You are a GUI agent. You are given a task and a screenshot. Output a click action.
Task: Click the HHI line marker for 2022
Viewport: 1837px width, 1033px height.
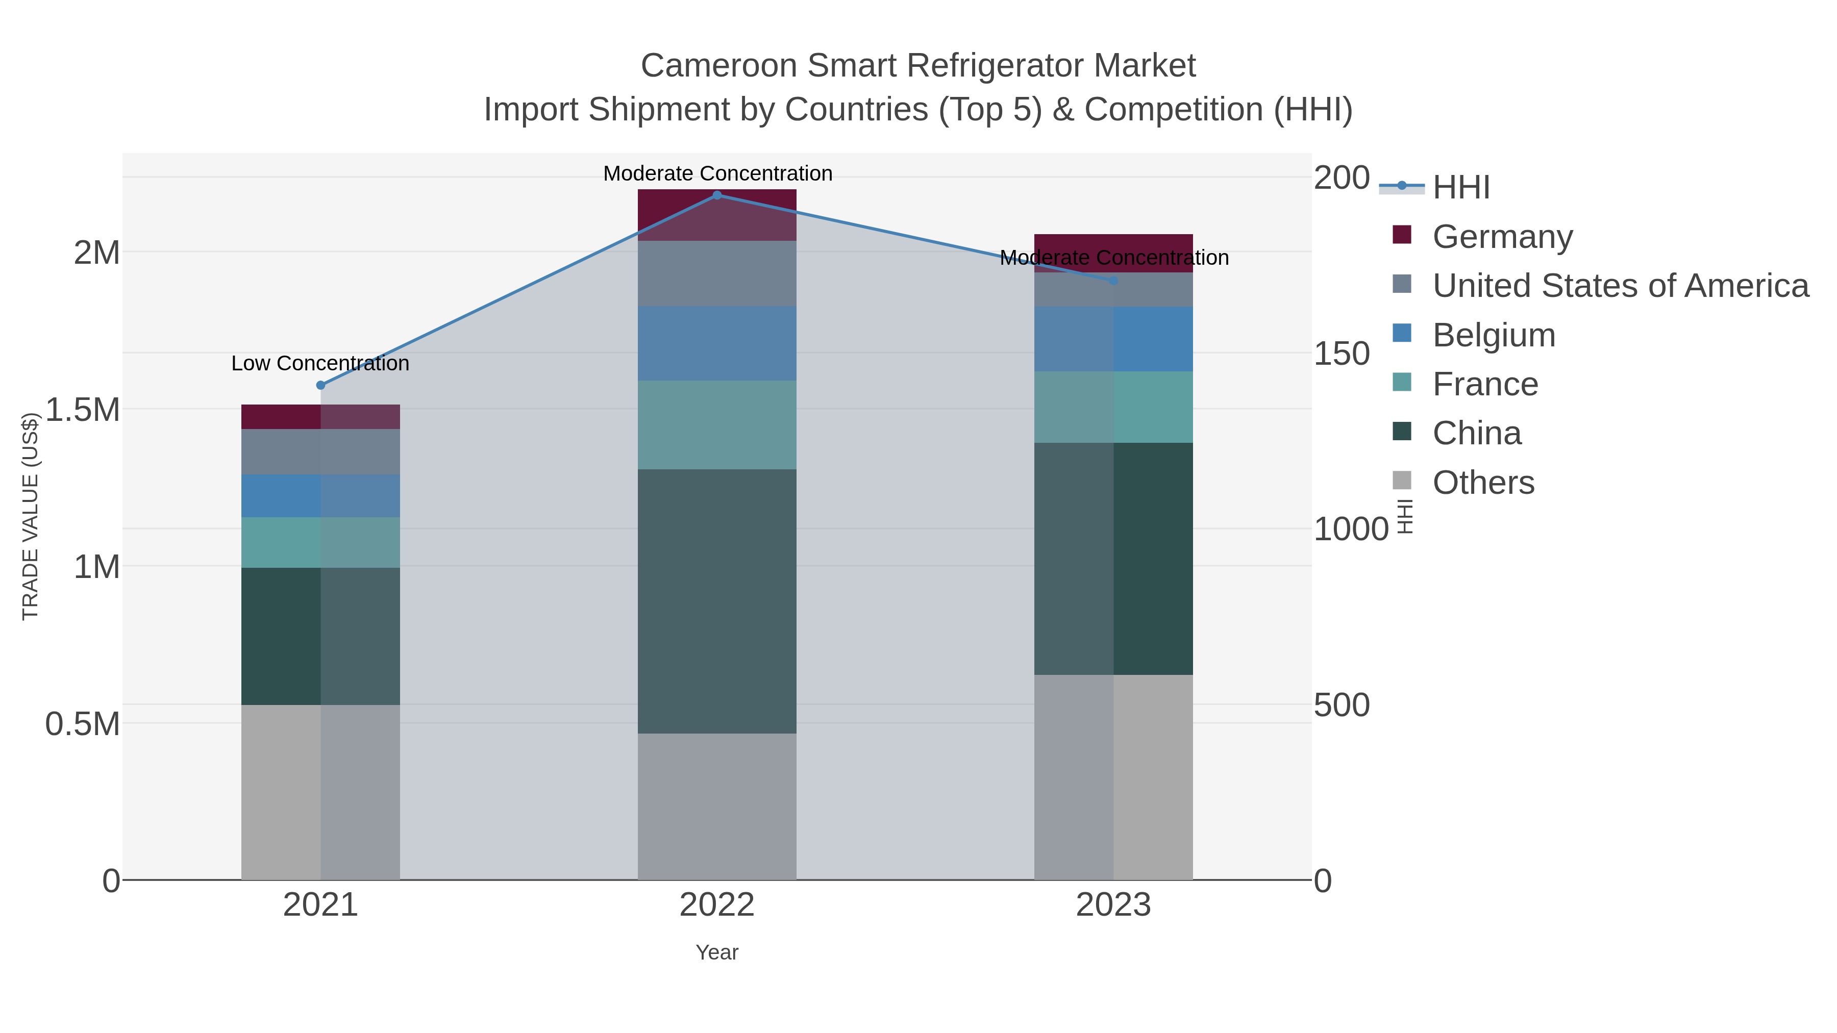[x=717, y=195]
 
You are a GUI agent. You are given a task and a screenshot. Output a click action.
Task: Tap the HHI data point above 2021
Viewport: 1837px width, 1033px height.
[x=320, y=385]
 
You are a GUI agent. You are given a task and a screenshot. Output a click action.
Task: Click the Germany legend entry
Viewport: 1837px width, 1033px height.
[x=1502, y=237]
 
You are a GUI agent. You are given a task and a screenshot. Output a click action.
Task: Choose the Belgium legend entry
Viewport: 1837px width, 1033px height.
[x=1493, y=335]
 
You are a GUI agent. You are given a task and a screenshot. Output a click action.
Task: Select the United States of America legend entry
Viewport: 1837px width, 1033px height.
[x=1620, y=286]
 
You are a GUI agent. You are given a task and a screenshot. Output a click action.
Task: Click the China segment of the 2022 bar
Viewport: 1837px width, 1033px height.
[x=717, y=600]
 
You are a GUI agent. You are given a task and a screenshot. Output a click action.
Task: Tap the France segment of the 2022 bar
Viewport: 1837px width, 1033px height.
[x=717, y=424]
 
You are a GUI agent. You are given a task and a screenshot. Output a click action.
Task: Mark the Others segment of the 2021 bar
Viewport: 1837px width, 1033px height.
[x=320, y=791]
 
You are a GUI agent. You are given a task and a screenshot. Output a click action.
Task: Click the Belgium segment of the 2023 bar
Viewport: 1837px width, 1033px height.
[x=1113, y=339]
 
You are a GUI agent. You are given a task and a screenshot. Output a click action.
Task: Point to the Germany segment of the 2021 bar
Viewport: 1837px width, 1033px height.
[x=320, y=417]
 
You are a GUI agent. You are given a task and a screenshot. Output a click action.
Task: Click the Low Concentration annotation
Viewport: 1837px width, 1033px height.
[x=320, y=364]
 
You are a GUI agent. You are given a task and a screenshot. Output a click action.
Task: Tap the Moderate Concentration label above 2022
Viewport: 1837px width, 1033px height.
[x=717, y=174]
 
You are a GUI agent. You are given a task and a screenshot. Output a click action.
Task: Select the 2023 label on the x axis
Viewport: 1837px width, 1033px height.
[x=1113, y=906]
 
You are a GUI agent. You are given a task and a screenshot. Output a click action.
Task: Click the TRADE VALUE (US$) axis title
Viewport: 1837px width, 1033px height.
[x=30, y=516]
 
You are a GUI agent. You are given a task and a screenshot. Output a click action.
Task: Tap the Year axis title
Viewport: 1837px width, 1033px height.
[x=717, y=952]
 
